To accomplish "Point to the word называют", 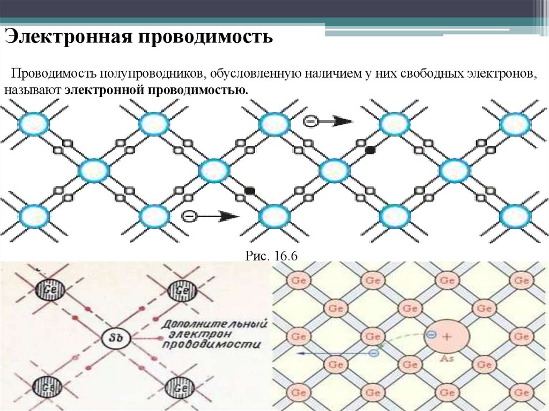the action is pos(33,89).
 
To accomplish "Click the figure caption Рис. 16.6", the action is pos(271,256).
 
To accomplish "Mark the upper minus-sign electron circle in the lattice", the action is pos(310,122).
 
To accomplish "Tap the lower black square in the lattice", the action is pos(249,190).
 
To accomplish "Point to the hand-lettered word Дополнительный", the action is pos(215,325).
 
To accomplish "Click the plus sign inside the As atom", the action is pos(447,336).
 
